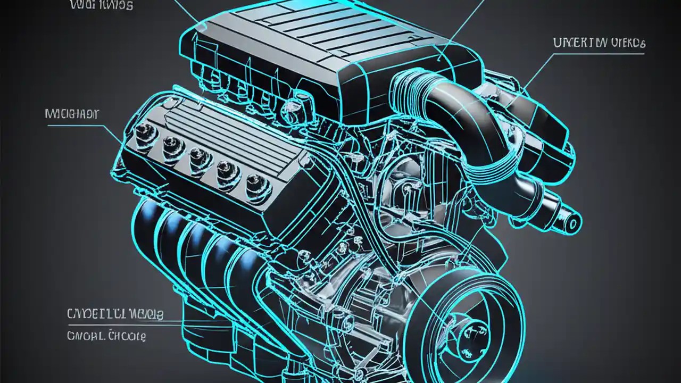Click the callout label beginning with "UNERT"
tap(599, 44)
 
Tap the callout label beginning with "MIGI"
tap(72, 114)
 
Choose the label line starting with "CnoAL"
tap(106, 336)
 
